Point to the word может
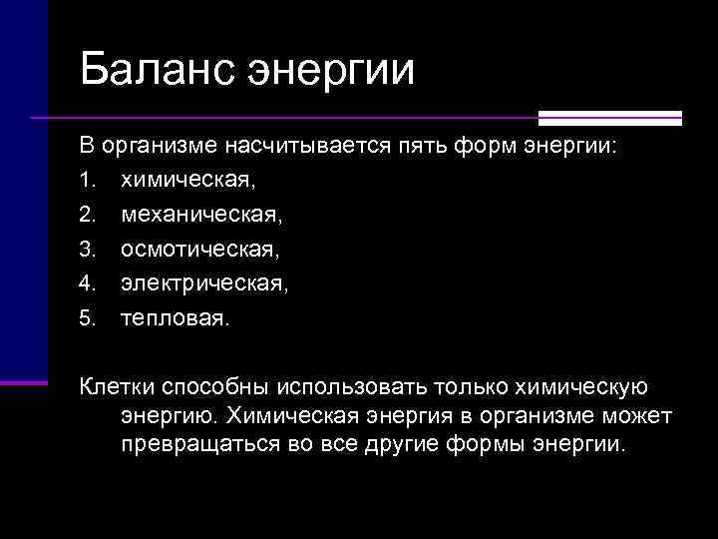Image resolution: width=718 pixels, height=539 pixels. pyautogui.click(x=638, y=414)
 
